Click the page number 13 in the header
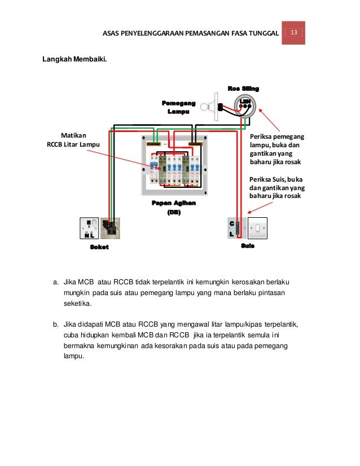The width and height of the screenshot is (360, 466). coord(293,33)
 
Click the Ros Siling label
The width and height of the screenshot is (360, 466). coord(243,89)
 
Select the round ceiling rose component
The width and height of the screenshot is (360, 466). coord(244,105)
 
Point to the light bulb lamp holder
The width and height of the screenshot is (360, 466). coord(212,105)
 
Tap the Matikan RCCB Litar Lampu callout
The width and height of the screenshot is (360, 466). coord(72,140)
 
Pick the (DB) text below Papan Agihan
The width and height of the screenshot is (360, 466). coord(173,213)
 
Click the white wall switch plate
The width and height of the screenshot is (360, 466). coord(257,228)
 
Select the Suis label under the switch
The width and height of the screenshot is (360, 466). coord(247,246)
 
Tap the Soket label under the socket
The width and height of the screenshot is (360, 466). coord(99,247)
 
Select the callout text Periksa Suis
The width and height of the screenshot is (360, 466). coord(276,187)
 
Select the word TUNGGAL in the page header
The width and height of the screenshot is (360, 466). coord(264,33)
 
